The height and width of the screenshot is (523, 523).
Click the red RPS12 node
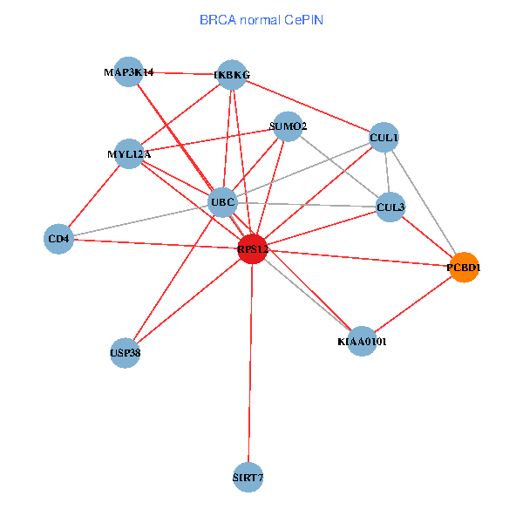[253, 248]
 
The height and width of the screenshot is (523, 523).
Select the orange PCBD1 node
[464, 268]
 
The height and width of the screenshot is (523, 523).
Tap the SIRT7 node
[248, 478]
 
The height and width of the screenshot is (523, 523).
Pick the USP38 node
[125, 353]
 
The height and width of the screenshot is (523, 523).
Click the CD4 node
[58, 239]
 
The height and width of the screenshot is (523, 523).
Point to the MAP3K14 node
[129, 71]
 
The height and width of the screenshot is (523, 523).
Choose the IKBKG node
[232, 75]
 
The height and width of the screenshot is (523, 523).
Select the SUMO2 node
[288, 126]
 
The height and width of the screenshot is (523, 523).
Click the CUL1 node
[384, 137]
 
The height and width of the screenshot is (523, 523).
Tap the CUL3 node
[391, 207]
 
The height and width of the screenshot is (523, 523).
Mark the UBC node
[222, 202]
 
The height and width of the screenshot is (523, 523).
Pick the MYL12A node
[129, 153]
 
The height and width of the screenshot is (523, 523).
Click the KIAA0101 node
[362, 341]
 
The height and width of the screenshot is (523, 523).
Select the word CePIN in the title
[304, 20]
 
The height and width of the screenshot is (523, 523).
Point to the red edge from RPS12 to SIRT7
[250, 363]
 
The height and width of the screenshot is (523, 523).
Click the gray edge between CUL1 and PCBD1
[424, 202]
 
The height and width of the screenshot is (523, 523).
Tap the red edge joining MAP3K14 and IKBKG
[180, 73]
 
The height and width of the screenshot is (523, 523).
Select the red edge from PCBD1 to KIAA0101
[413, 304]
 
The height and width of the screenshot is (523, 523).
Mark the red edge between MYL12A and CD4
[94, 196]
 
